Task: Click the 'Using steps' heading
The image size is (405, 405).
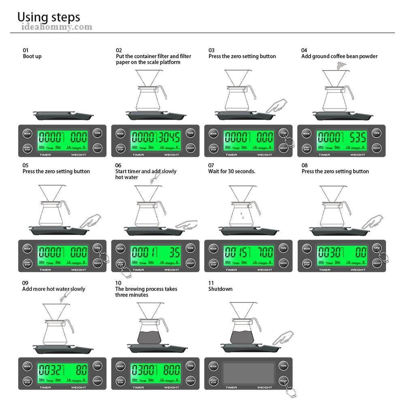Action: [x=49, y=17]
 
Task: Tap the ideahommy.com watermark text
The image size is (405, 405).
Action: [x=57, y=27]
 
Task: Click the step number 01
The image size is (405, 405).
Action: [x=26, y=50]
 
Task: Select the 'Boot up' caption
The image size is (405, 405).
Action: [x=32, y=56]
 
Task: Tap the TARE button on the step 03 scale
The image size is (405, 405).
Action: [x=283, y=133]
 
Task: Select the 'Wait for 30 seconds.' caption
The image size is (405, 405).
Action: [x=232, y=171]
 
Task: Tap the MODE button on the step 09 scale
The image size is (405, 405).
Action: [x=28, y=366]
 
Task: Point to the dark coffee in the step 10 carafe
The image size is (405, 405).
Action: [x=148, y=336]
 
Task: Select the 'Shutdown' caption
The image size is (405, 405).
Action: [x=220, y=289]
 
